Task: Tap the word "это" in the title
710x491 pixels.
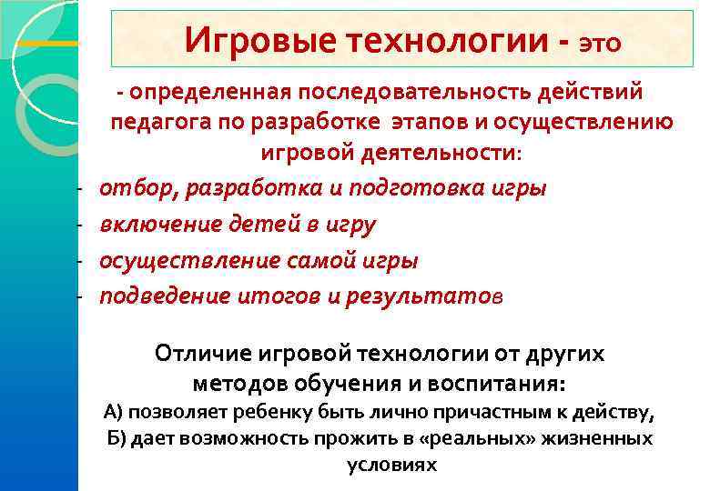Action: coord(598,43)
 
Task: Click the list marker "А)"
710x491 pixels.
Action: coord(115,411)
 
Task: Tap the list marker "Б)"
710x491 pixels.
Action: coord(115,438)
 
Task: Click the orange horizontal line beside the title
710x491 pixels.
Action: coord(48,42)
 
